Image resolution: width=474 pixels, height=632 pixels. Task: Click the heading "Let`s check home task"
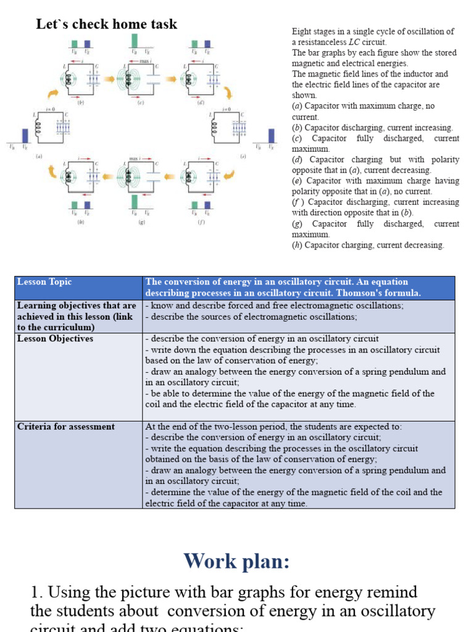click(x=107, y=25)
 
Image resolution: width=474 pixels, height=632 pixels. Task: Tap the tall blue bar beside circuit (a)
click(x=25, y=135)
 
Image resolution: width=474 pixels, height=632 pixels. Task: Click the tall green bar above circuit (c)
click(x=134, y=41)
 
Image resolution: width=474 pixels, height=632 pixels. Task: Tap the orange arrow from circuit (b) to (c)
click(x=108, y=80)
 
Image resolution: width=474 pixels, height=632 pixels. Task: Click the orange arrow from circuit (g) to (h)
click(x=108, y=176)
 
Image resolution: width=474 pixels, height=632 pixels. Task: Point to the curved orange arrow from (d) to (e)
click(x=227, y=93)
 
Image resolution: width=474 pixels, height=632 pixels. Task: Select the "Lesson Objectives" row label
click(x=56, y=339)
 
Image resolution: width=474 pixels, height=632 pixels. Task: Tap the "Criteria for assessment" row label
click(x=66, y=426)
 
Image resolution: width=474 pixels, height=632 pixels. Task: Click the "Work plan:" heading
click(x=236, y=561)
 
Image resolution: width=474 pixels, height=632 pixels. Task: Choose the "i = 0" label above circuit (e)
click(x=227, y=109)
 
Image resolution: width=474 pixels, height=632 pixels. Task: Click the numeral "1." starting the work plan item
click(x=36, y=592)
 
